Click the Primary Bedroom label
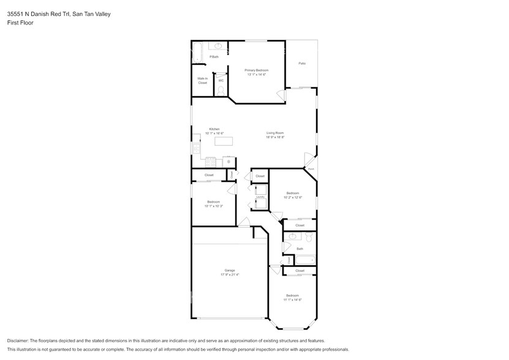coord(257,70)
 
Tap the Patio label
coord(302,64)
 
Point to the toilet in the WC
coord(221,90)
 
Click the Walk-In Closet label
coord(202,80)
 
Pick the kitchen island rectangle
coord(224,141)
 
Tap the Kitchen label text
coord(214,129)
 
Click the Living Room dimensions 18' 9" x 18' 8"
coord(275,137)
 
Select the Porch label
coord(311,169)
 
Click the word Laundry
coord(260,197)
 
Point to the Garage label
coord(230,271)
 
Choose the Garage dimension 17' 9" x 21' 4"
coord(230,275)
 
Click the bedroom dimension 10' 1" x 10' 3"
coord(213,206)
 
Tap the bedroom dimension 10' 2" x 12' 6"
coord(292,197)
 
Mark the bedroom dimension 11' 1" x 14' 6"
coord(292,300)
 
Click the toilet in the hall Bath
coord(309,237)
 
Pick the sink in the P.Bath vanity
coord(219,46)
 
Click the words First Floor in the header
coord(20,23)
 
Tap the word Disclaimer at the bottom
coord(18,340)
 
